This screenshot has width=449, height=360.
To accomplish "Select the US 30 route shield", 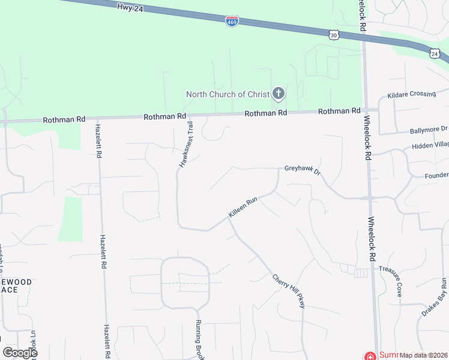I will coord(333,35).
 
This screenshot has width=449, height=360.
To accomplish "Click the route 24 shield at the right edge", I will coord(435,54).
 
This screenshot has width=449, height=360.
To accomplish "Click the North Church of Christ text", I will coord(227,94).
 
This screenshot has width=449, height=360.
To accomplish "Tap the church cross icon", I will coord(278,93).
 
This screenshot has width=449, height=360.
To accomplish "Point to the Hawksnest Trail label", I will coord(185,145).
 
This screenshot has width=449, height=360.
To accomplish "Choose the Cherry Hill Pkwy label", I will coord(289,291).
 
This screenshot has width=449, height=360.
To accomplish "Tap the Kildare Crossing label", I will coord(411,95).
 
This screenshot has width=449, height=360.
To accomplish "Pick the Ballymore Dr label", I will coord(429,129).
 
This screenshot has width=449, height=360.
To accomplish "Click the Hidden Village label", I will coord(430,146).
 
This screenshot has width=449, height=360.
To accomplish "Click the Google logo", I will coord(19,353).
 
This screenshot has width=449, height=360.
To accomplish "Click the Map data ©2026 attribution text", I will coord(423,355).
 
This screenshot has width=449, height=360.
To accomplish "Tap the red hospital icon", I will coord(370,356).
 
